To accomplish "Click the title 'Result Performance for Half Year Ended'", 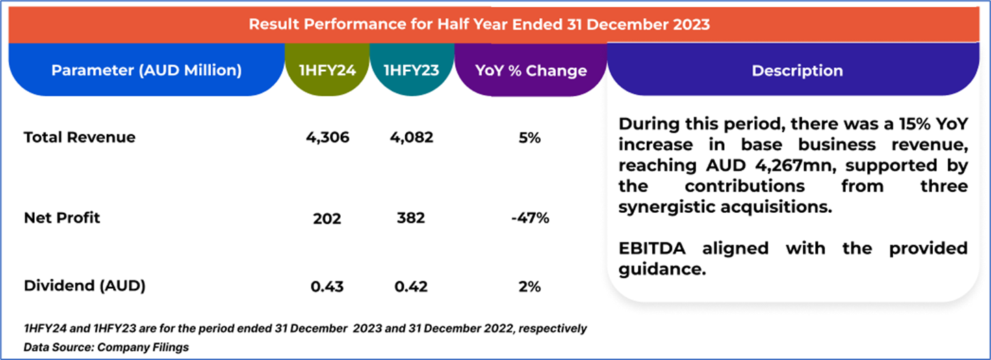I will tap(479, 25).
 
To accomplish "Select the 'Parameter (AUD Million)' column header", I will tap(146, 70).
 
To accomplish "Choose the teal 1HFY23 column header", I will tap(412, 70).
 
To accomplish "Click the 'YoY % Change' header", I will tap(531, 70).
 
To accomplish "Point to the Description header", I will tap(797, 70).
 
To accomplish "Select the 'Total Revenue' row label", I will tap(79, 137).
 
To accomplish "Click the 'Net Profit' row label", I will tap(62, 218).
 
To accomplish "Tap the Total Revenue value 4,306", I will tap(328, 137).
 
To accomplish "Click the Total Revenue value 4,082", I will tap(412, 137).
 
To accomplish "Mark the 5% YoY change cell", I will tap(530, 137).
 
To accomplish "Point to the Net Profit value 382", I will tap(411, 218).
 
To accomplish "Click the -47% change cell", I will tap(530, 218).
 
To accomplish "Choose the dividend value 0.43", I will tap(327, 287).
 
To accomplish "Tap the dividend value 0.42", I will tap(411, 287).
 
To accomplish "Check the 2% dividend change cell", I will tap(530, 287).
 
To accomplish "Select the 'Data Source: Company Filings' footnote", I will tap(106, 347).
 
